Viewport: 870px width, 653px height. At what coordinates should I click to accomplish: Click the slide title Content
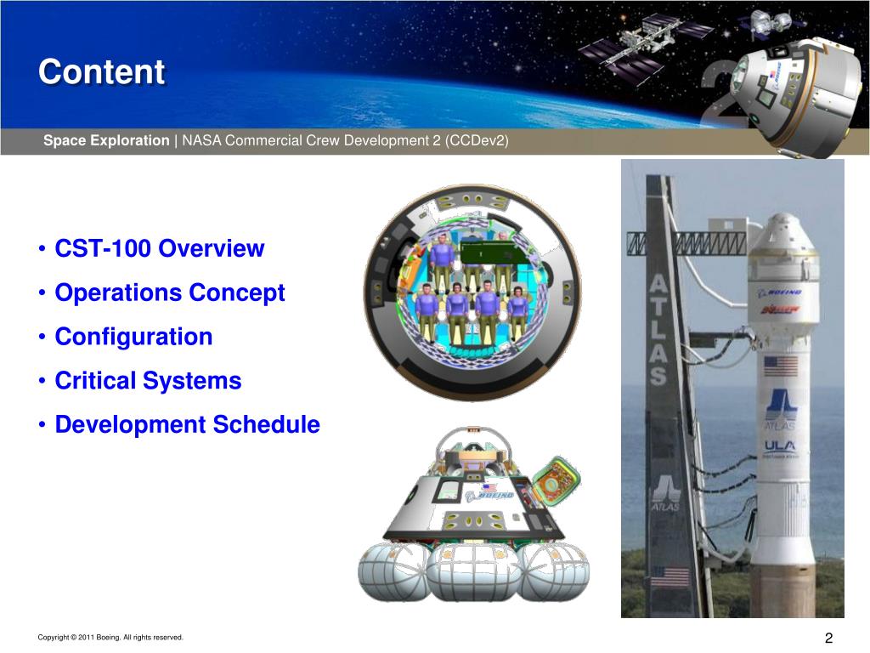point(101,72)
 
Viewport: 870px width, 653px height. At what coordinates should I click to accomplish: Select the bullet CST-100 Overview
point(160,249)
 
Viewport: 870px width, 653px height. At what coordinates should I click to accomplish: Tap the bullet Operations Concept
point(170,293)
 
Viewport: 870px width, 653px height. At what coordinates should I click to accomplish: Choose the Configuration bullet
point(133,337)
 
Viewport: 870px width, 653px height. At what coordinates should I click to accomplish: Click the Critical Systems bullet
point(148,381)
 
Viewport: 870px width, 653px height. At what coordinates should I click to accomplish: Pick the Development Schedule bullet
point(187,424)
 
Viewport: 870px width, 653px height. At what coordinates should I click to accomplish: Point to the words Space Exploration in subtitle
point(106,140)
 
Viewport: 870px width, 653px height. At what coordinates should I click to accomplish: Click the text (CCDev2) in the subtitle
point(476,140)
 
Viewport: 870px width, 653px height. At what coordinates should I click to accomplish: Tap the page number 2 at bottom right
point(828,639)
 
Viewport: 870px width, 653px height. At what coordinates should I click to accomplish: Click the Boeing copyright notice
point(110,638)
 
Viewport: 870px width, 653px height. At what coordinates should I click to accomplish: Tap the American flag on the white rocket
point(780,366)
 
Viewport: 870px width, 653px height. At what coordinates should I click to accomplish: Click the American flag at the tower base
point(669,577)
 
